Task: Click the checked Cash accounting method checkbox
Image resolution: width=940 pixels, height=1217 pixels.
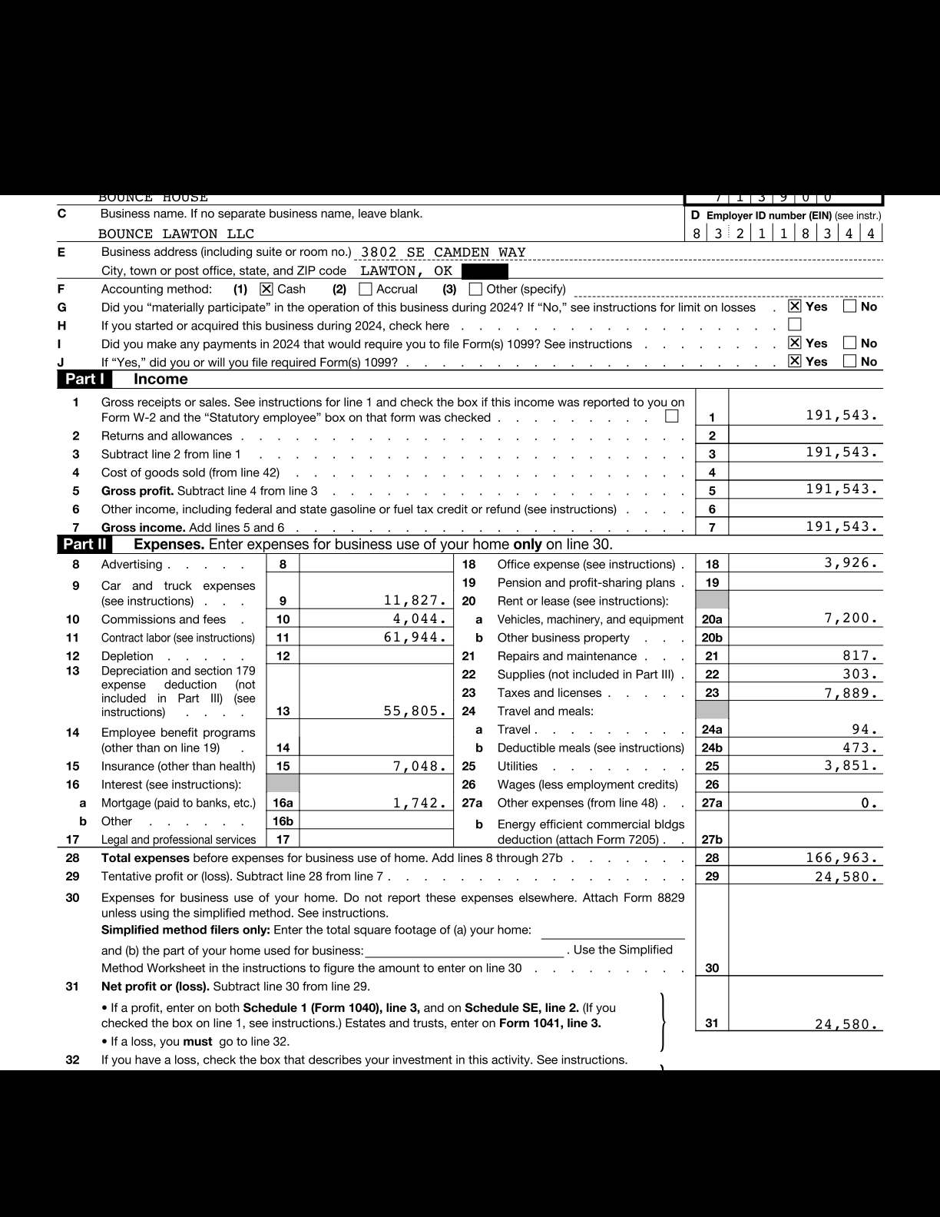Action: (266, 289)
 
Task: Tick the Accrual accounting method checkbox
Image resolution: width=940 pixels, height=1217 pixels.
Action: (366, 289)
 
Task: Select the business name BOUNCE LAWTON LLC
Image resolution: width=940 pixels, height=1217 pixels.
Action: (176, 234)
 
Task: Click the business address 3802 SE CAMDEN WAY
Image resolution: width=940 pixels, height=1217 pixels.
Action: (443, 252)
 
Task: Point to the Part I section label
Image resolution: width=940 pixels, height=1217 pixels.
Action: (84, 379)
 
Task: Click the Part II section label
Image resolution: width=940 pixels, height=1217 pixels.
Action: (84, 545)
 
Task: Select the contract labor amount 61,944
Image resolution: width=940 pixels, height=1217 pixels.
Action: (415, 637)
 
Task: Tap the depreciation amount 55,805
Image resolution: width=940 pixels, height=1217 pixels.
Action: (415, 711)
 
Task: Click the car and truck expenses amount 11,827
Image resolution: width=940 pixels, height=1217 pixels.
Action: (415, 600)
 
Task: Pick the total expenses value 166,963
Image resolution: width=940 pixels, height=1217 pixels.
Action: (842, 857)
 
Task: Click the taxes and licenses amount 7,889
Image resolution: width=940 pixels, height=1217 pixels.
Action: (851, 693)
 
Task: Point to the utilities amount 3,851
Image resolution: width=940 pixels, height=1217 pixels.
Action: (851, 765)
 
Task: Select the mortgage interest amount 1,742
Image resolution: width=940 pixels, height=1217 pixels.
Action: (419, 803)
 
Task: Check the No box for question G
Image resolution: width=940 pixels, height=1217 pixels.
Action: (849, 307)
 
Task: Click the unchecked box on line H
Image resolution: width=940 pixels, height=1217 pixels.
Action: (795, 325)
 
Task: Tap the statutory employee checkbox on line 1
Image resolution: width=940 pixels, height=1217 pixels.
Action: (672, 416)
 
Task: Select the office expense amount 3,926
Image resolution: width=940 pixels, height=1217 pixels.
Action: (851, 563)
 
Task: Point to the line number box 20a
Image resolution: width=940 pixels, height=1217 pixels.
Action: (712, 619)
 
